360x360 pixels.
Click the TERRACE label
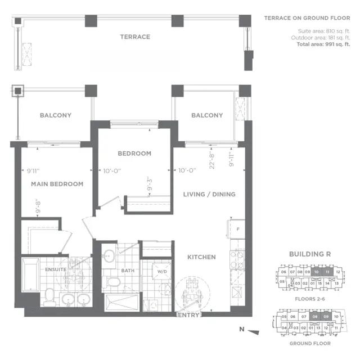pyautogui.click(x=134, y=37)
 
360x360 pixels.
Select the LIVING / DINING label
pyautogui.click(x=209, y=195)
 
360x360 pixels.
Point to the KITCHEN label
pyautogui.click(x=201, y=257)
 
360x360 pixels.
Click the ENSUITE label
pyautogui.click(x=56, y=269)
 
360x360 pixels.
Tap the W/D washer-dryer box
pyautogui.click(x=162, y=272)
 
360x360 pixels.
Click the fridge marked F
pyautogui.click(x=237, y=229)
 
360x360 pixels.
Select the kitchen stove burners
pyautogui.click(x=237, y=259)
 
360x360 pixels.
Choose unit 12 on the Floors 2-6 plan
pyautogui.click(x=337, y=272)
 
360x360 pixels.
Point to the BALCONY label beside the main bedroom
pyautogui.click(x=55, y=115)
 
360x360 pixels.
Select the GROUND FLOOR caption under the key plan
pyautogui.click(x=309, y=343)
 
